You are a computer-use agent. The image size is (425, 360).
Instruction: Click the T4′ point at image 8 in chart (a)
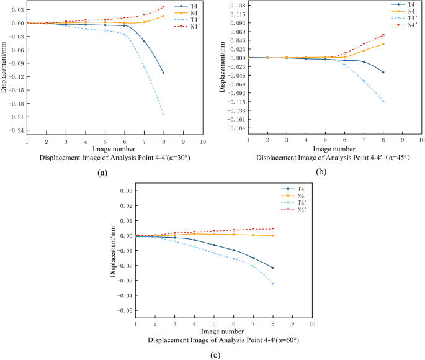163,114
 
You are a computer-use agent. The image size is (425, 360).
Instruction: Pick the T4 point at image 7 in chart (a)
144,42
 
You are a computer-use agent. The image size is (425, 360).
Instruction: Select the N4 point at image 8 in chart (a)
163,16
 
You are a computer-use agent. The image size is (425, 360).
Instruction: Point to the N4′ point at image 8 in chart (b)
383,35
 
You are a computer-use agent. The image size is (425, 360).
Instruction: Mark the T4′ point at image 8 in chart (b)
383,101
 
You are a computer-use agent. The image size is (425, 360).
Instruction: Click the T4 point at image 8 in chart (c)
273,268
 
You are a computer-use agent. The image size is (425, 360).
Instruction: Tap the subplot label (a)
103,173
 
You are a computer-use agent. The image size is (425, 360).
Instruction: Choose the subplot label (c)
215,354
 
